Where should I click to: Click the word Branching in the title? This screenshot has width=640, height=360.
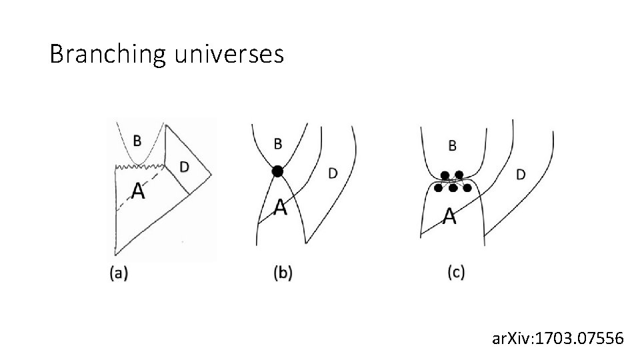107,54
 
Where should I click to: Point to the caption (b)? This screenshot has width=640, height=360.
283,273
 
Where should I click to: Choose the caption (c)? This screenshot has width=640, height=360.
456,273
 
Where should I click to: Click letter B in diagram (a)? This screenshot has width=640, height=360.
137,140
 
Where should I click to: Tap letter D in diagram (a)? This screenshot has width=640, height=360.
184,165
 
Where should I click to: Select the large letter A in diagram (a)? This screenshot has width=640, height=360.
137,191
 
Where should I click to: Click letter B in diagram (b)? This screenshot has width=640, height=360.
278,143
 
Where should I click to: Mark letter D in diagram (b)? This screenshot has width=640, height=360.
332,173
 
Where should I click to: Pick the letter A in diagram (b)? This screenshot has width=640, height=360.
281,208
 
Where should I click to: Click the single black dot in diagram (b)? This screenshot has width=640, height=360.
277,171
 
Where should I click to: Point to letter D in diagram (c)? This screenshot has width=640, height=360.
521,175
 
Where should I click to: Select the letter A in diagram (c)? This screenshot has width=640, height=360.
450,216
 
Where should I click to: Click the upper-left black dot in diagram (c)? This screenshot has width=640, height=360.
445,175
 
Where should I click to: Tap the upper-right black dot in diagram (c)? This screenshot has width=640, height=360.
459,175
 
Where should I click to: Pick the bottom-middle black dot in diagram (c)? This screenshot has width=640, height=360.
453,189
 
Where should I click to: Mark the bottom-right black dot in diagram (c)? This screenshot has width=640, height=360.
467,189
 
